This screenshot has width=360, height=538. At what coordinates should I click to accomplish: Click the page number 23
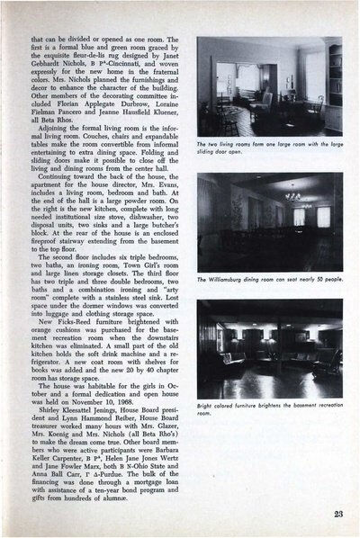[334, 513]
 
